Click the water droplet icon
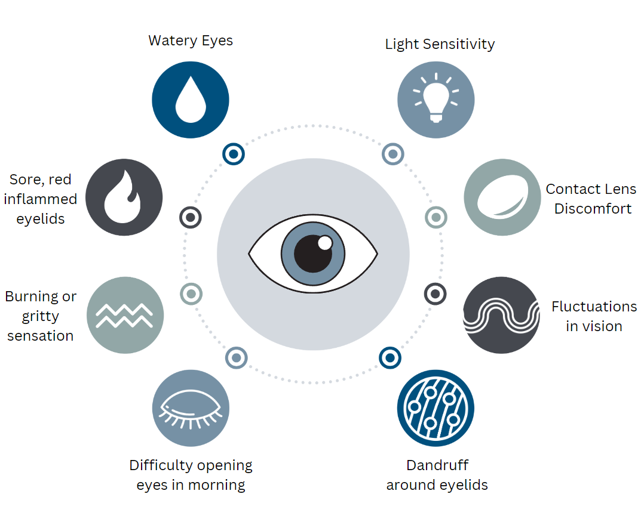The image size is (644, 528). (191, 100)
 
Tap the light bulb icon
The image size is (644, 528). (436, 99)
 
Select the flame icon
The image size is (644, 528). (124, 197)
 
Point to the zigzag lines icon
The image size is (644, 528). (125, 315)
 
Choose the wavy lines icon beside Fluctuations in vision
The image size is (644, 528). (502, 315)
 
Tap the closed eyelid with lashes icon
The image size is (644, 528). (191, 408)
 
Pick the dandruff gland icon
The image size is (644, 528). (436, 408)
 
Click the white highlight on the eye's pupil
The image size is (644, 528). (325, 243)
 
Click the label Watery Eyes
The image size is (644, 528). (191, 41)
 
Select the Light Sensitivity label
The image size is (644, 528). (440, 44)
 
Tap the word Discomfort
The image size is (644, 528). (593, 209)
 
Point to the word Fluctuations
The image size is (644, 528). (594, 307)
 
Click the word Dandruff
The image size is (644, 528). (437, 465)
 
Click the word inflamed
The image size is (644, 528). (41, 199)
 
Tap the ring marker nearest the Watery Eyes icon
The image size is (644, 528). (234, 154)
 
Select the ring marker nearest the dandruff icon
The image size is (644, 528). (390, 358)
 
